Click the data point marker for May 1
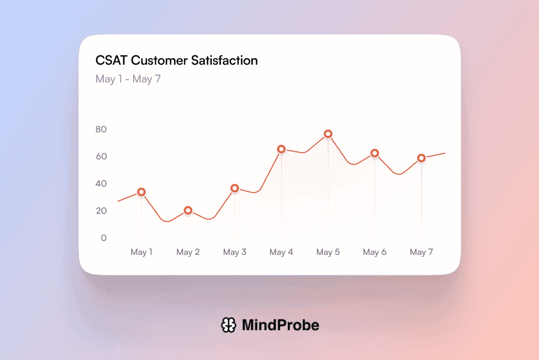pyautogui.click(x=141, y=192)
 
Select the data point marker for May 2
pyautogui.click(x=188, y=210)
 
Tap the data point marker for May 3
pyautogui.click(x=234, y=188)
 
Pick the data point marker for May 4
pyautogui.click(x=281, y=149)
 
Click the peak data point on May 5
pyautogui.click(x=328, y=134)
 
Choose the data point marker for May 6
pyautogui.click(x=375, y=153)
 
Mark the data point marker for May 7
pyautogui.click(x=421, y=158)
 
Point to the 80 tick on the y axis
pyautogui.click(x=101, y=129)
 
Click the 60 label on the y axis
pyautogui.click(x=101, y=156)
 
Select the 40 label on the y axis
pyautogui.click(x=101, y=184)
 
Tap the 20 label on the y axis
pyautogui.click(x=101, y=211)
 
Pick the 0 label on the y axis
pyautogui.click(x=103, y=238)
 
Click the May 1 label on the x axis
pyautogui.click(x=141, y=252)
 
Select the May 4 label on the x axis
pyautogui.click(x=281, y=252)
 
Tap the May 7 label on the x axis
pyautogui.click(x=421, y=252)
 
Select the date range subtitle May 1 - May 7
pyautogui.click(x=128, y=79)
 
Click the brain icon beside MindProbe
pyautogui.click(x=229, y=325)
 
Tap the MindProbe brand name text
pyautogui.click(x=280, y=325)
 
